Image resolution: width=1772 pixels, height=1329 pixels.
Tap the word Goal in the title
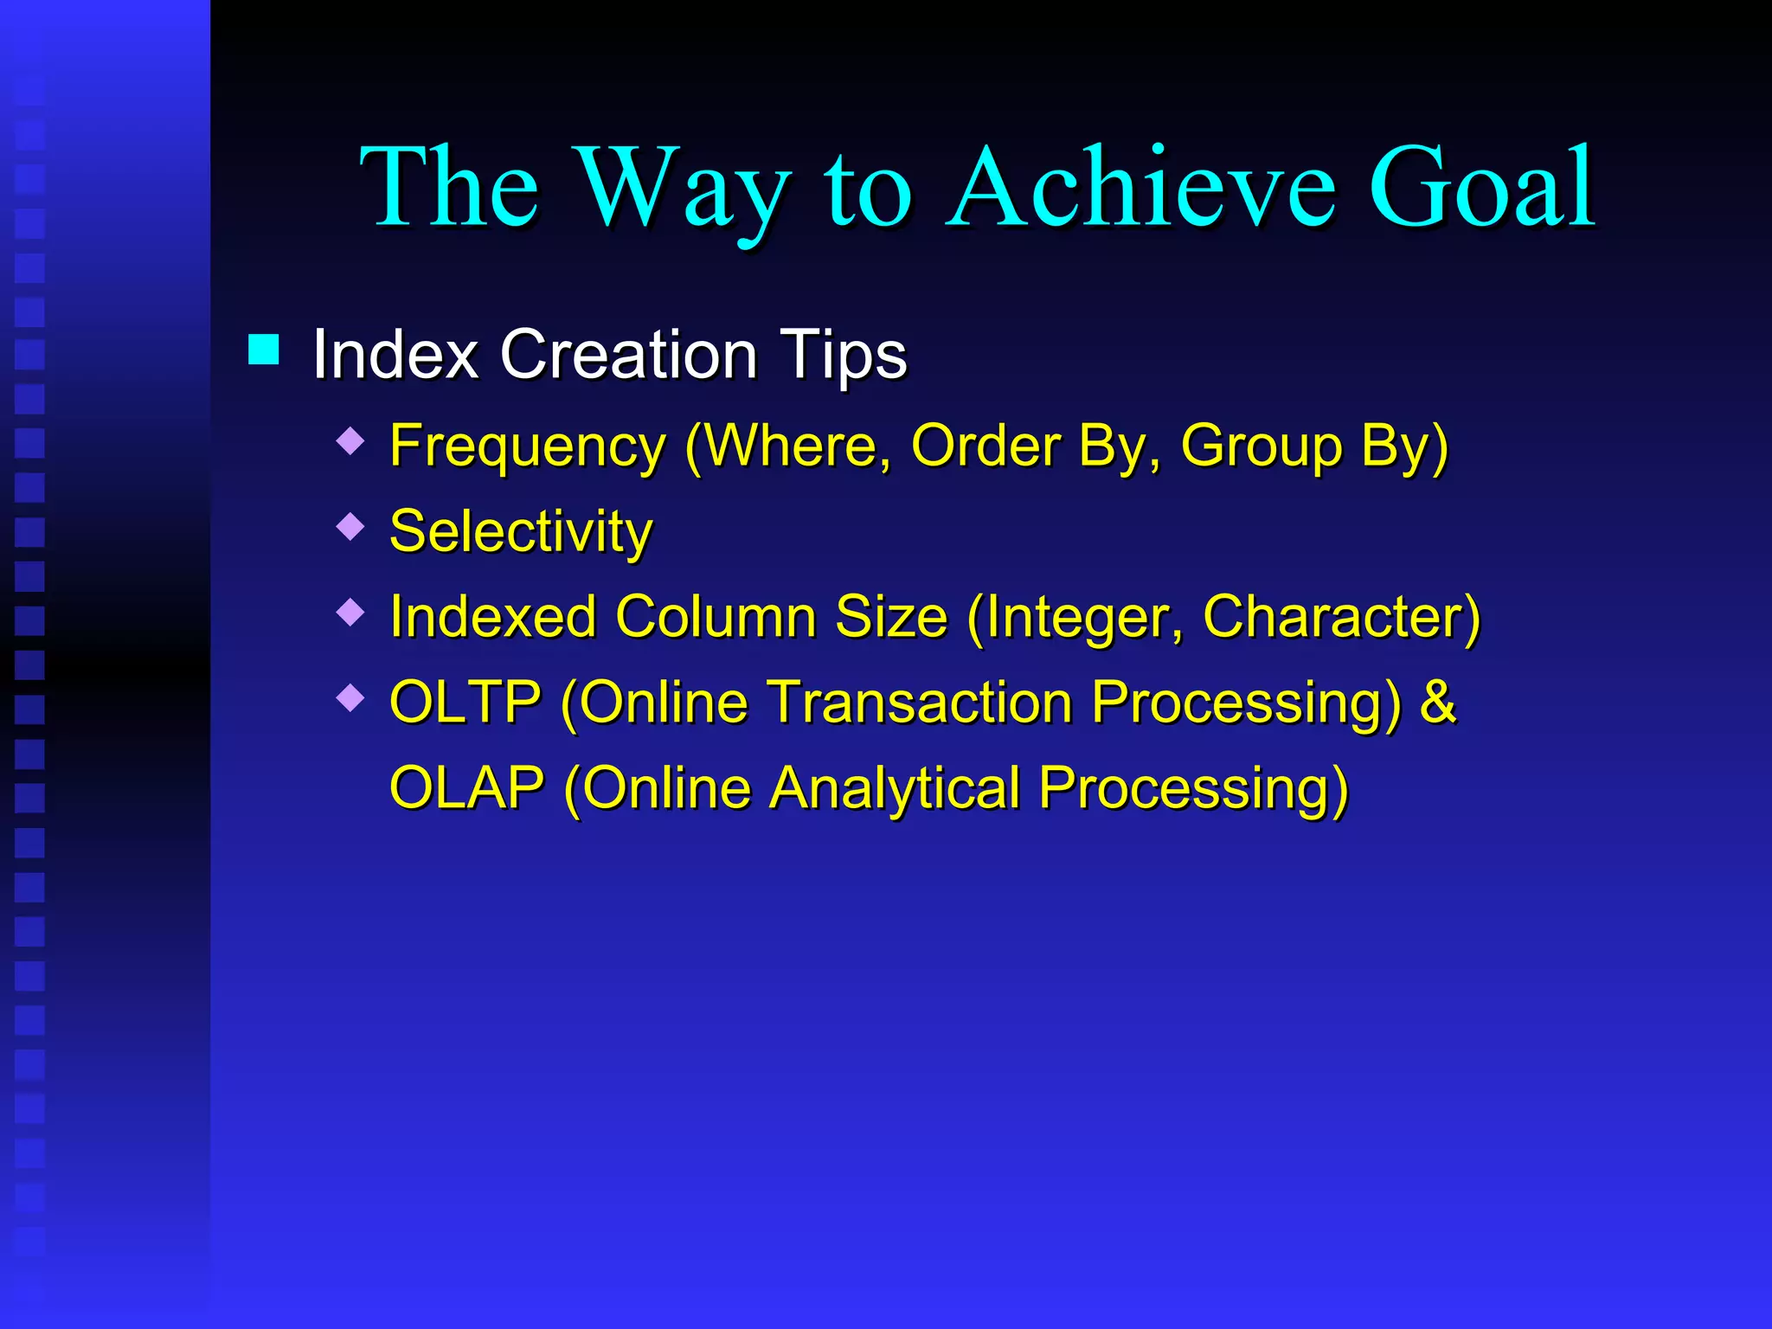(x=1480, y=189)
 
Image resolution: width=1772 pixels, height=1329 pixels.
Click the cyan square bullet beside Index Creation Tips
(x=263, y=350)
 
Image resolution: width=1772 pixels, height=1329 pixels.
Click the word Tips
(x=843, y=355)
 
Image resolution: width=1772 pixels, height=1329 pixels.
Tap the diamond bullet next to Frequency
(x=350, y=441)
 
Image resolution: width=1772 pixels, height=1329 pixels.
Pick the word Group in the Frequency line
(x=1260, y=447)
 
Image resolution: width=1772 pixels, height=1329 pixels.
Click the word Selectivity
(x=521, y=531)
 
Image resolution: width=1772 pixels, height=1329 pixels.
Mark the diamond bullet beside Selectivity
(x=350, y=526)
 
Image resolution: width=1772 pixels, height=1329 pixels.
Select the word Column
(x=715, y=617)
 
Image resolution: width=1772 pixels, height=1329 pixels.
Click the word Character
(x=1332, y=617)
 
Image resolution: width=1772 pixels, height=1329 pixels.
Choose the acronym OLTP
(x=465, y=702)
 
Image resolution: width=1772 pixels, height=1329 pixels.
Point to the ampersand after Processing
(x=1438, y=702)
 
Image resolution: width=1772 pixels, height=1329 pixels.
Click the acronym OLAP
(x=467, y=788)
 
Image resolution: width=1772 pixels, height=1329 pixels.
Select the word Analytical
(x=896, y=788)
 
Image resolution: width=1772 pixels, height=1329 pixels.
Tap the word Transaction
(x=921, y=702)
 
